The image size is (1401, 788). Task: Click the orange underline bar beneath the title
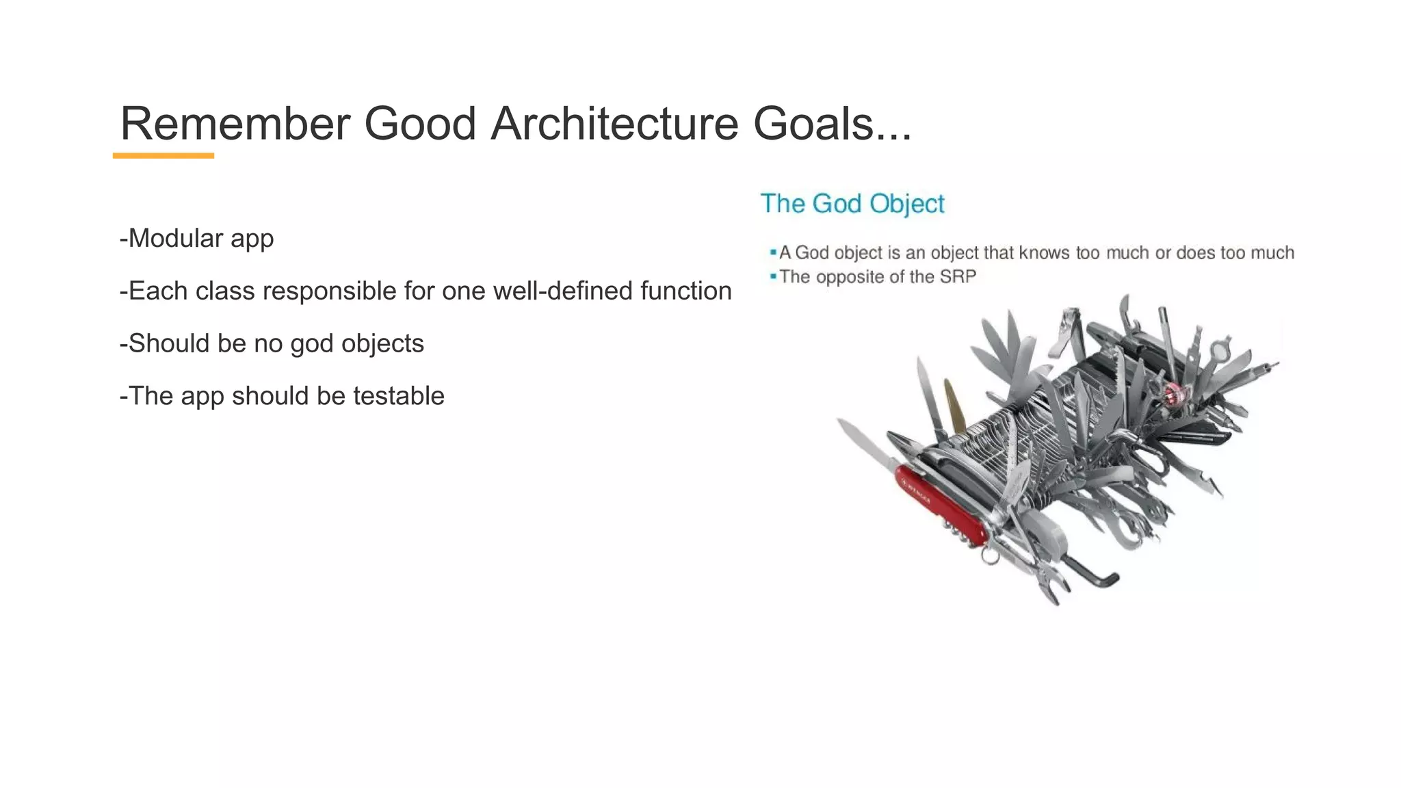[x=163, y=156]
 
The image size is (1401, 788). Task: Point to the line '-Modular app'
[x=196, y=238]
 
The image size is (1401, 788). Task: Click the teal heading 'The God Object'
[x=852, y=203]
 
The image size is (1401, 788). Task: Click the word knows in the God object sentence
[x=1044, y=252]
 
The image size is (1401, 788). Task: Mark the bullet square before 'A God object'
[x=773, y=252]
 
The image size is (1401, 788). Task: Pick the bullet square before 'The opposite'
[x=773, y=276]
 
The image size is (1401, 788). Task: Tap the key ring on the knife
[x=989, y=555]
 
